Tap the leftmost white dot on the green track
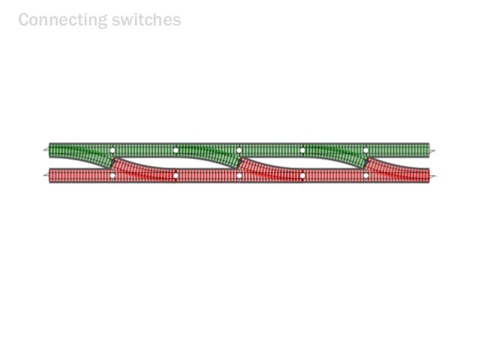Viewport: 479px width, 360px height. [113, 150]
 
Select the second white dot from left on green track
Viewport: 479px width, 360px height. [176, 150]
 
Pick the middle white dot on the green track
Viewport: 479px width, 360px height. [239, 150]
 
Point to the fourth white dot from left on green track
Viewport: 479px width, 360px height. [303, 150]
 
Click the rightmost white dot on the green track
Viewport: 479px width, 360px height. [366, 150]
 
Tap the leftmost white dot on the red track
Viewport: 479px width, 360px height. [113, 176]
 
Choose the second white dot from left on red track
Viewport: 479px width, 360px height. [176, 176]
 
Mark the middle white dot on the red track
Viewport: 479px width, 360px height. [239, 176]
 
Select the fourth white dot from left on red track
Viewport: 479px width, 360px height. [303, 176]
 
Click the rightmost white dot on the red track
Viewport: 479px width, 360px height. [366, 176]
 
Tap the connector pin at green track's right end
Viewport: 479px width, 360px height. [432, 150]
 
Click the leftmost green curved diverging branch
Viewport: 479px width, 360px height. [90, 154]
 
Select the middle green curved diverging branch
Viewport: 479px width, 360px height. [218, 154]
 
